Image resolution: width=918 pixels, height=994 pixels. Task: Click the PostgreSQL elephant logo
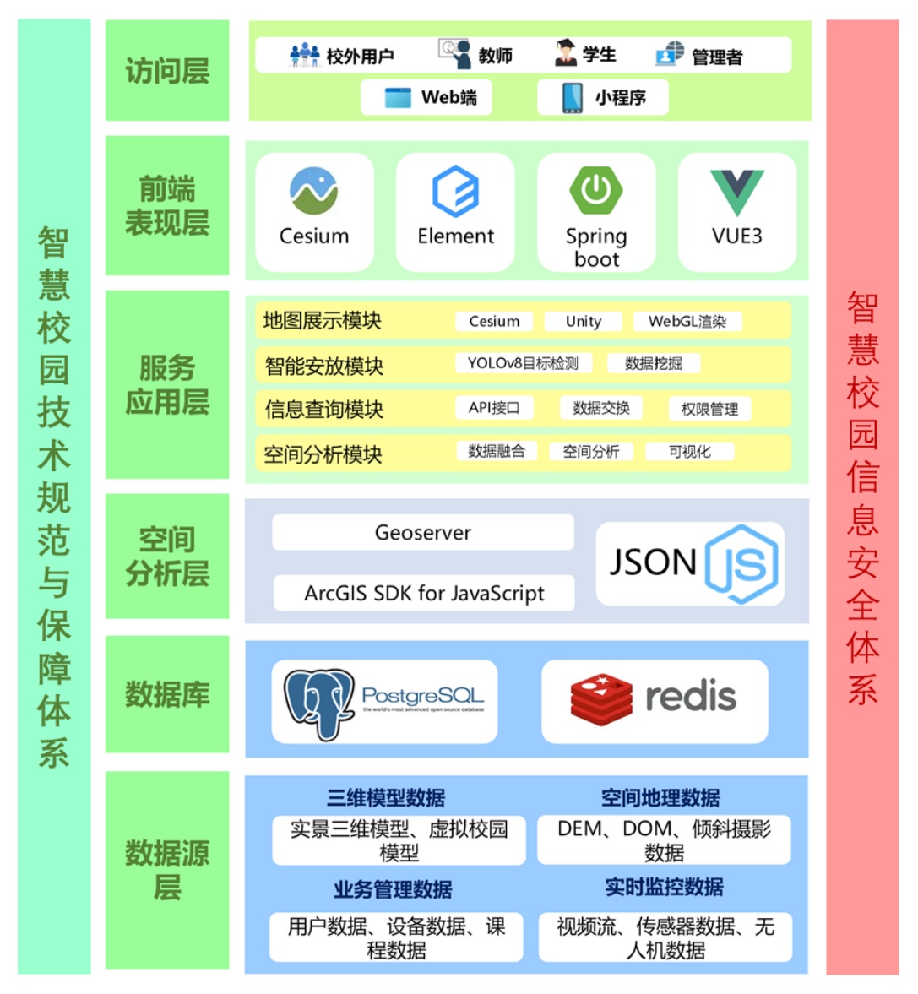click(318, 703)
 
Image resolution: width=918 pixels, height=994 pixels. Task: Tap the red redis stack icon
click(600, 700)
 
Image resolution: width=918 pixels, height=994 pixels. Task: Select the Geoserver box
click(423, 533)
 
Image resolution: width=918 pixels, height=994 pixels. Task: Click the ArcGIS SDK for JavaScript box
click(424, 593)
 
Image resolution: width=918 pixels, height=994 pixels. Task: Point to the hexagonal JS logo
click(741, 564)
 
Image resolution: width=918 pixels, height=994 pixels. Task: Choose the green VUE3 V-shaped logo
click(736, 192)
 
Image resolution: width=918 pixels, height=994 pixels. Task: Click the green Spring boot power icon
click(595, 190)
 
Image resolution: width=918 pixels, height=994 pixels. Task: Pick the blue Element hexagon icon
click(455, 192)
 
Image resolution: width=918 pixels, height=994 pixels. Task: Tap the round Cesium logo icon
click(313, 191)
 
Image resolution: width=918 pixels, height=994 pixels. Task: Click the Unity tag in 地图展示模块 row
click(583, 321)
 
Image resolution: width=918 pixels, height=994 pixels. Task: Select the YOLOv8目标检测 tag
click(523, 364)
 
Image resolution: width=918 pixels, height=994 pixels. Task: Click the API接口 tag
click(494, 408)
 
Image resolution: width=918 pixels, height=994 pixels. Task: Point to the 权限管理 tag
click(709, 410)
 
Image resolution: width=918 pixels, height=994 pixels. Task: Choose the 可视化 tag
click(689, 452)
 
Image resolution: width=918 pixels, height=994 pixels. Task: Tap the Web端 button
click(426, 97)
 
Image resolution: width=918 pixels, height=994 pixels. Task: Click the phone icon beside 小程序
click(572, 97)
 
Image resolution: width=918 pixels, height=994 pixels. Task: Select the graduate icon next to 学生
click(565, 53)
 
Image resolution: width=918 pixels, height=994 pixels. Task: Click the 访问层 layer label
click(167, 71)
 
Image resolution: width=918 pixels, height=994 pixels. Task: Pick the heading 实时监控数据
click(664, 887)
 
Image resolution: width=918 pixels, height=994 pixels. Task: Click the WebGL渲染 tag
click(687, 321)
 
